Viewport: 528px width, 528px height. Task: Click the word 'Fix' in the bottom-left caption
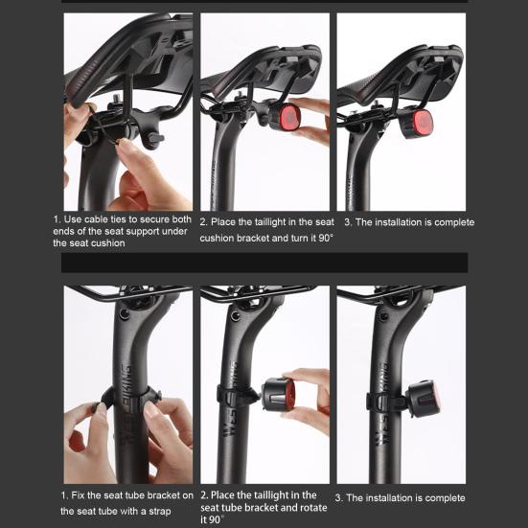(x=82, y=495)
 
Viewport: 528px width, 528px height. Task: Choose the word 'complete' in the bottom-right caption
(x=443, y=497)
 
